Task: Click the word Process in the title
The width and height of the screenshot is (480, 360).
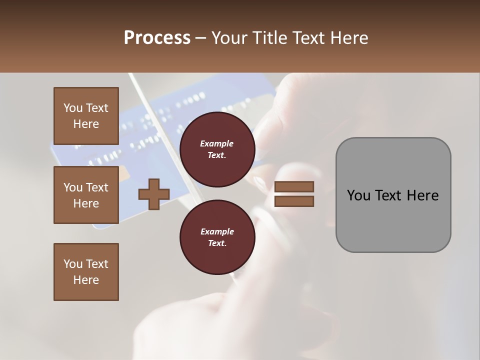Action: (157, 38)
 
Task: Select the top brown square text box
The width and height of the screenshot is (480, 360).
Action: (86, 116)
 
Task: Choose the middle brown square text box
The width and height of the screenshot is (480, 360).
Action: (86, 195)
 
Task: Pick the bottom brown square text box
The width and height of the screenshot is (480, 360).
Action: (86, 272)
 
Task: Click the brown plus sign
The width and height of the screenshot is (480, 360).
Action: (154, 193)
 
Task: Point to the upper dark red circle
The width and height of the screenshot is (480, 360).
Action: (217, 149)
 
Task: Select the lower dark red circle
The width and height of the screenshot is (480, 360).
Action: (217, 237)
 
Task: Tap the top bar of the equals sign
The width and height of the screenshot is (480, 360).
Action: (294, 186)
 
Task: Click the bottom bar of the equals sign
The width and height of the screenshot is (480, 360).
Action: (294, 201)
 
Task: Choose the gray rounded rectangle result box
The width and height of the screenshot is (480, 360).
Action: (393, 195)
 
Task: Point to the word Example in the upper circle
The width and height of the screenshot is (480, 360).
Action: (217, 144)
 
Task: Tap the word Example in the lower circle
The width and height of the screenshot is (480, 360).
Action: (217, 232)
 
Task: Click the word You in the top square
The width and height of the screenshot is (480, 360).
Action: (72, 108)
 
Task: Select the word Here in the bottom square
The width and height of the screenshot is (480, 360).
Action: (86, 280)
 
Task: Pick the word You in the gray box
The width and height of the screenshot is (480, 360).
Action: (358, 195)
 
